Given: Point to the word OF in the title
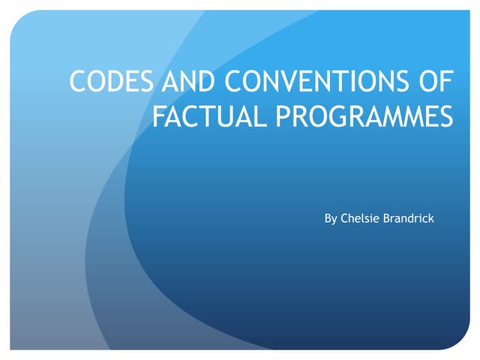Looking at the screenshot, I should click(439, 82).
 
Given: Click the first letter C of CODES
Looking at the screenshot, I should click(77, 82).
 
